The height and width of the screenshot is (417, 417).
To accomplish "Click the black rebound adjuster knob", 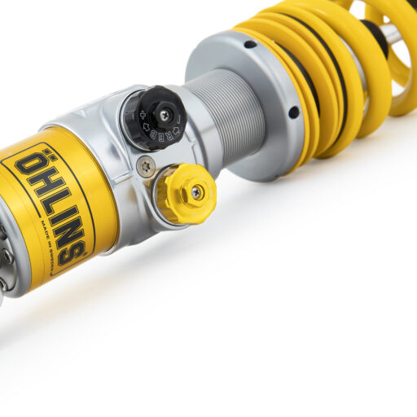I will (154, 118).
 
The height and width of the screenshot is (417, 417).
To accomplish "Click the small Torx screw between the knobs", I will (144, 168).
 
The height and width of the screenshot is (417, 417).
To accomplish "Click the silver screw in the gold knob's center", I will (196, 192).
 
